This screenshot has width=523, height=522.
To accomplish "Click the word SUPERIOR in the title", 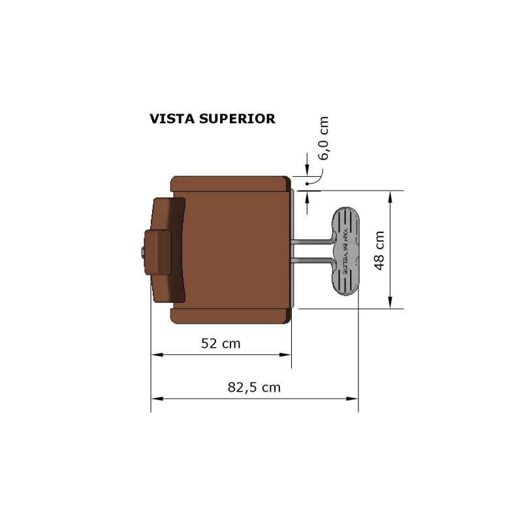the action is (237, 119).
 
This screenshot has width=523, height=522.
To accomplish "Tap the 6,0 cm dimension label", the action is (323, 138).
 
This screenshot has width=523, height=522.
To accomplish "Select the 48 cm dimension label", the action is (379, 251).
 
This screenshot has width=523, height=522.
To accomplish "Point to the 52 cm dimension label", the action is (221, 343).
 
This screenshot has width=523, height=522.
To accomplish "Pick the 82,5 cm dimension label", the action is (254, 388).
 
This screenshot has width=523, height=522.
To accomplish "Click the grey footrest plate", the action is (345, 251).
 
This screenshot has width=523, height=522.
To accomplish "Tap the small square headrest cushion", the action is (158, 253).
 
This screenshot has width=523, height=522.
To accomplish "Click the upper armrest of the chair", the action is (230, 183).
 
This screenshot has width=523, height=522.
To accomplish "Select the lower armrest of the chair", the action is (230, 316).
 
